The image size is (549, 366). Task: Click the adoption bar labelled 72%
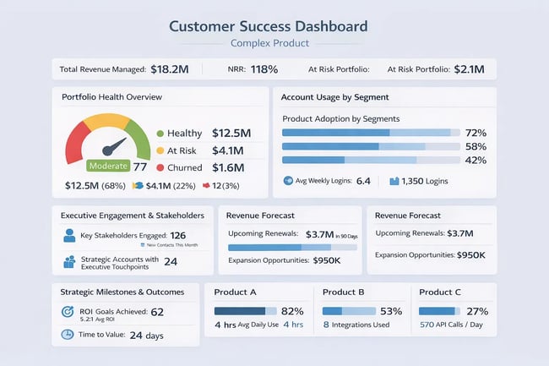pyautogui.click(x=370, y=133)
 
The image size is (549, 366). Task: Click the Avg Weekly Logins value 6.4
pyautogui.click(x=364, y=181)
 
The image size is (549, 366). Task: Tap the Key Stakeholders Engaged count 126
pyautogui.click(x=178, y=236)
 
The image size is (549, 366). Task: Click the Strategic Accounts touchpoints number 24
pyautogui.click(x=170, y=262)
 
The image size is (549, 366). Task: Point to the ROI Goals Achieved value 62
pyautogui.click(x=158, y=312)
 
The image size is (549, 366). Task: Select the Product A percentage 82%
pyautogui.click(x=291, y=311)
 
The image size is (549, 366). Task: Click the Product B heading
pyautogui.click(x=344, y=292)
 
